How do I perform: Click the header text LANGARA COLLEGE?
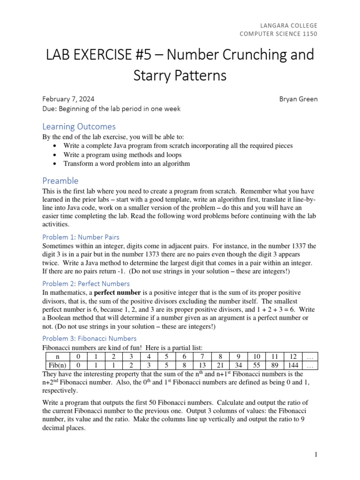click(288, 25)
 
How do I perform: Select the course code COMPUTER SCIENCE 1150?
click(278, 34)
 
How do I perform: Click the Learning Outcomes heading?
click(79, 127)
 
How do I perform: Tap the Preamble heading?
click(60, 180)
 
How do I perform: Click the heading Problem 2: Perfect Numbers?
click(86, 284)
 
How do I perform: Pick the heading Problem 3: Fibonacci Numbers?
click(90, 338)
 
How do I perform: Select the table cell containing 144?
click(293, 365)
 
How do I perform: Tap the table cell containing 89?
click(275, 365)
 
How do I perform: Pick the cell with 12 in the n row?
click(293, 356)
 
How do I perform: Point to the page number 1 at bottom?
click(316, 454)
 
